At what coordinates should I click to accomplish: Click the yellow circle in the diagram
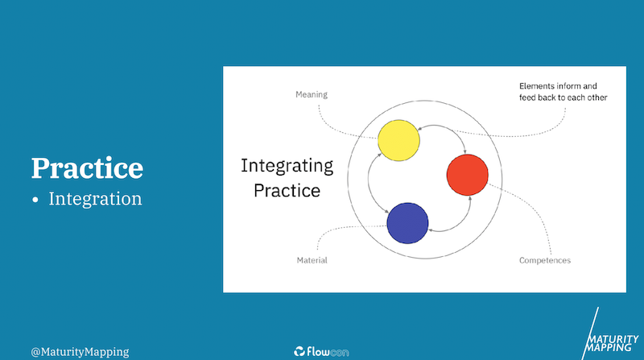pos(398,141)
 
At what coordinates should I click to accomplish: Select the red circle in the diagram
pos(468,175)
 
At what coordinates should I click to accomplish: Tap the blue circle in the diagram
pos(407,223)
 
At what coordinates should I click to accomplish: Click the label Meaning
pos(312,95)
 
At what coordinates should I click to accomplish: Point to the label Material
pos(312,260)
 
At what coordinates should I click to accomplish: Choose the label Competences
pos(545,261)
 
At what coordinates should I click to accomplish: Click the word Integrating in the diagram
pos(287,167)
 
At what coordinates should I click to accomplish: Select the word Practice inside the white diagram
pos(287,191)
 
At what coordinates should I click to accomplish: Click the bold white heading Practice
pos(87,168)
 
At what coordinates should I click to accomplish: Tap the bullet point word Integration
pos(95,198)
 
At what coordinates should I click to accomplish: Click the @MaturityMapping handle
pos(80,352)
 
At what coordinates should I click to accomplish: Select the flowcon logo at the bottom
pos(321,351)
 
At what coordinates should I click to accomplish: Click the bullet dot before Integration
pos(35,200)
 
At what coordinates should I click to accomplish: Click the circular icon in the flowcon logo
pos(299,351)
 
